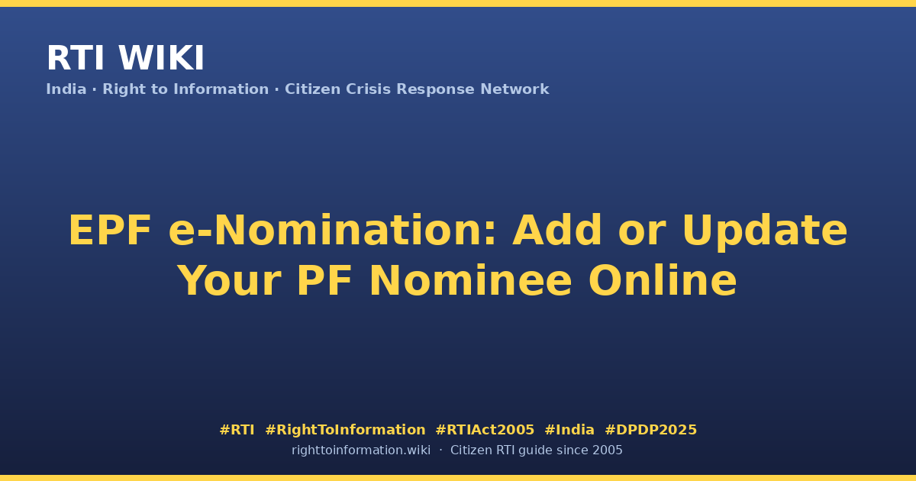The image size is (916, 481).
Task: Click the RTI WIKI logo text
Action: point(125,58)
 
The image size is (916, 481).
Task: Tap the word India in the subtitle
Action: point(66,89)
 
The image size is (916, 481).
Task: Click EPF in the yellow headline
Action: point(110,231)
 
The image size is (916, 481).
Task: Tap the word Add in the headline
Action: point(557,231)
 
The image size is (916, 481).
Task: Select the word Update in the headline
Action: point(765,231)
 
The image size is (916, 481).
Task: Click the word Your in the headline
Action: point(230,281)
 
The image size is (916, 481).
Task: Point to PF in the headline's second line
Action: point(324,281)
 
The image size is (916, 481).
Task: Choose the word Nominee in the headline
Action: point(470,281)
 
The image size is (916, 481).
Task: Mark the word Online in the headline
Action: point(663,280)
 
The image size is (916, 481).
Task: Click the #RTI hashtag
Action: point(237,430)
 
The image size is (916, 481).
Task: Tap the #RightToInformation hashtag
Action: point(345,430)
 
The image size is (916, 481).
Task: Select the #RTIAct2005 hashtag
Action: point(485,430)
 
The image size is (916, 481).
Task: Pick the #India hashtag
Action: point(569,430)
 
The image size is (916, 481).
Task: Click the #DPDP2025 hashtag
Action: point(650,430)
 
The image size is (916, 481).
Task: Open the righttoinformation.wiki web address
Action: point(361,450)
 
